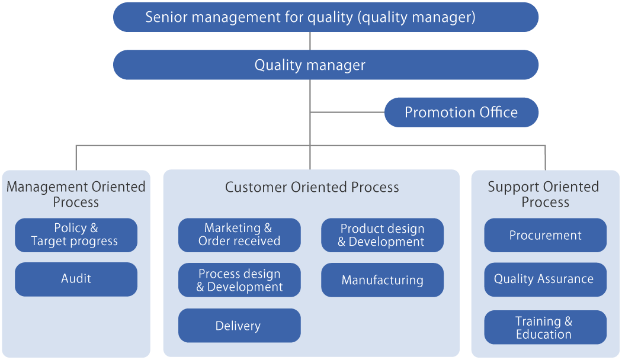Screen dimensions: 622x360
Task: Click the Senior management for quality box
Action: click(x=326, y=17)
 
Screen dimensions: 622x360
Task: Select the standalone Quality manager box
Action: click(x=326, y=65)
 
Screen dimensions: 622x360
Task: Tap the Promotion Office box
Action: click(x=461, y=112)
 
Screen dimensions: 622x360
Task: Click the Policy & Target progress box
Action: click(x=76, y=235)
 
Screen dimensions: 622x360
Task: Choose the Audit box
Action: click(x=76, y=279)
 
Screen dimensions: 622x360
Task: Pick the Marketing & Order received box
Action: click(x=239, y=235)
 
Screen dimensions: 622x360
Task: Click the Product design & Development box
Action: click(x=383, y=235)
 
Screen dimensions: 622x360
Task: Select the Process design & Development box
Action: click(x=239, y=280)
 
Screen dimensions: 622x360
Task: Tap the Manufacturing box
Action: click(x=383, y=280)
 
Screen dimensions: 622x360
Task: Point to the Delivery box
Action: click(x=239, y=326)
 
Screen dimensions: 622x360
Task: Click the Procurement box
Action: click(x=546, y=235)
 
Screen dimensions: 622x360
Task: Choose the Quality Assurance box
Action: click(x=546, y=279)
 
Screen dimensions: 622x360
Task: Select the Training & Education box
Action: click(x=546, y=327)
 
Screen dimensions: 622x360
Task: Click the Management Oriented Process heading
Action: click(x=76, y=194)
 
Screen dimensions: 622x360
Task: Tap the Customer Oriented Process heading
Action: click(x=312, y=187)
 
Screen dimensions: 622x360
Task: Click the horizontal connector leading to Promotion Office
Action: click(x=348, y=112)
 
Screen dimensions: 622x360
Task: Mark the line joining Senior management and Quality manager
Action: click(x=310, y=41)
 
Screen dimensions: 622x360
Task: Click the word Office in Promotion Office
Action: click(x=498, y=112)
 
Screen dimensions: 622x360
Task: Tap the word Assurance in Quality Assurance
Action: click(x=565, y=279)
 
